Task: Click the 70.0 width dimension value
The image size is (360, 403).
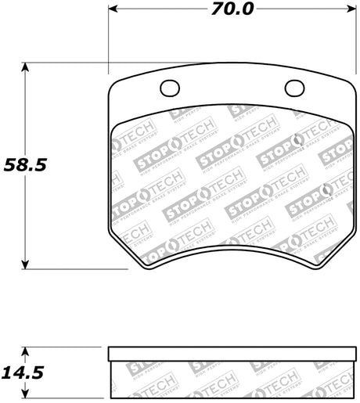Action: pyautogui.click(x=232, y=9)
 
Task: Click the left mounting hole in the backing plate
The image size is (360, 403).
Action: pyautogui.click(x=169, y=88)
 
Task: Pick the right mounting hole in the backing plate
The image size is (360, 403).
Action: pyautogui.click(x=294, y=88)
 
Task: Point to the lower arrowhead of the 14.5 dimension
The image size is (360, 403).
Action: pyautogui.click(x=26, y=396)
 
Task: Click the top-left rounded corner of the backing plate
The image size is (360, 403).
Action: pyautogui.click(x=112, y=84)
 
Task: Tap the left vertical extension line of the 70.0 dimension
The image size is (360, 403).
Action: pyautogui.click(x=107, y=39)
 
